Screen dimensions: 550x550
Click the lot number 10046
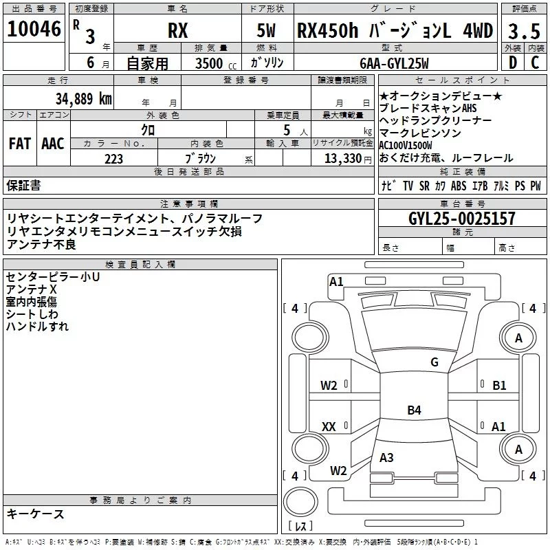pyautogui.click(x=34, y=29)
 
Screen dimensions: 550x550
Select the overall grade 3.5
pyautogui.click(x=524, y=31)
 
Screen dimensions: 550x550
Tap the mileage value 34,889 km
pyautogui.click(x=83, y=99)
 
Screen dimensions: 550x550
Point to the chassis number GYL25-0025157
pyautogui.click(x=462, y=218)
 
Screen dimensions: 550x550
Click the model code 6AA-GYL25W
pyautogui.click(x=394, y=63)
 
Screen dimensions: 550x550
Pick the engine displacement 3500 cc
pyautogui.click(x=216, y=63)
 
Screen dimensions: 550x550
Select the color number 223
pyautogui.click(x=113, y=159)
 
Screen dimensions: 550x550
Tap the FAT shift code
pyautogui.click(x=20, y=144)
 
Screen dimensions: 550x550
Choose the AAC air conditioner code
pyautogui.click(x=53, y=144)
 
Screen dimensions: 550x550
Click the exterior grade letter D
pyautogui.click(x=512, y=63)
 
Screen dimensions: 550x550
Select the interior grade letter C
pyautogui.click(x=535, y=63)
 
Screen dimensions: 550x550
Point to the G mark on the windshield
pyautogui.click(x=434, y=362)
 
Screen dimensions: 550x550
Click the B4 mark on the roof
pyautogui.click(x=415, y=410)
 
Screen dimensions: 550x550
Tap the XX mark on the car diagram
pyautogui.click(x=329, y=426)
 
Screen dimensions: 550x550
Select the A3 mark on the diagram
pyautogui.click(x=386, y=457)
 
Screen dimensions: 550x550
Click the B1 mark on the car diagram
pyautogui.click(x=499, y=386)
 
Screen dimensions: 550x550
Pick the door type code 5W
pyautogui.click(x=266, y=30)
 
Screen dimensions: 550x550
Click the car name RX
pyautogui.click(x=178, y=30)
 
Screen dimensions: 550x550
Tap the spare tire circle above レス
pyautogui.click(x=300, y=502)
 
